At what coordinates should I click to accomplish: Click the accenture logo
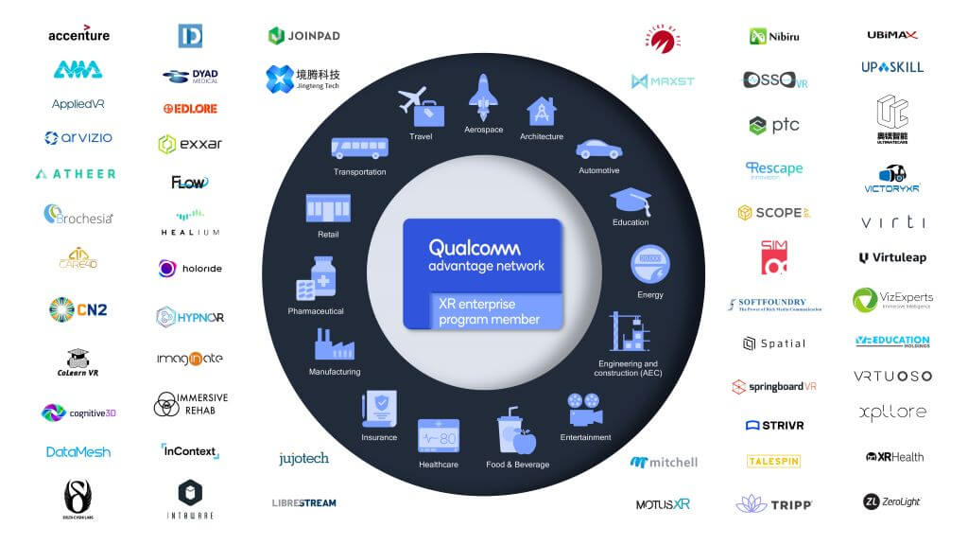pyautogui.click(x=78, y=35)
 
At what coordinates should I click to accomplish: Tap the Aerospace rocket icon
pyautogui.click(x=483, y=97)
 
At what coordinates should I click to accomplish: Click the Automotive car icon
pyautogui.click(x=598, y=149)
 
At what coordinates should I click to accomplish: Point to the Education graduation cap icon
pyautogui.click(x=630, y=201)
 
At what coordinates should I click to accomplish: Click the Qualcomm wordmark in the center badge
pyautogui.click(x=475, y=248)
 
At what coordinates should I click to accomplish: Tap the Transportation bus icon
pyautogui.click(x=359, y=149)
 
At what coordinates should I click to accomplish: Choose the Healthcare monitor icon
pyautogui.click(x=439, y=436)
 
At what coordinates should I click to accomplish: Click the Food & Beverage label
pyautogui.click(x=517, y=465)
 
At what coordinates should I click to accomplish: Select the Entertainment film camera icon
pyautogui.click(x=586, y=409)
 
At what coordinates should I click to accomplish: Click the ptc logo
pyautogui.click(x=773, y=125)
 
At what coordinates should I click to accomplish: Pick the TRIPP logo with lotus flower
pyautogui.click(x=773, y=503)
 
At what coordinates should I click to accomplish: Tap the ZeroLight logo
pyautogui.click(x=891, y=501)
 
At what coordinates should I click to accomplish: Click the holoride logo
pyautogui.click(x=190, y=269)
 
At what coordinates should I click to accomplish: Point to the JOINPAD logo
pyautogui.click(x=303, y=36)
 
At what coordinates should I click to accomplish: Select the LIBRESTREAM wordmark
pyautogui.click(x=303, y=502)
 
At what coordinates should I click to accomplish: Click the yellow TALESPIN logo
pyautogui.click(x=773, y=462)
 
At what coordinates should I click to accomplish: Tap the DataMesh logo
pyautogui.click(x=78, y=452)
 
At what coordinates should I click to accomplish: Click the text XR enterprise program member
pyautogui.click(x=489, y=311)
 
